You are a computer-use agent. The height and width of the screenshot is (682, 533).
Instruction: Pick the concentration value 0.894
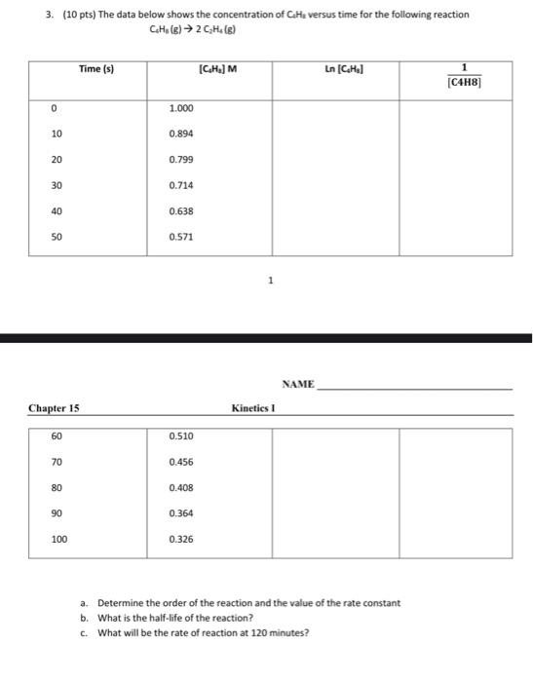click(x=180, y=133)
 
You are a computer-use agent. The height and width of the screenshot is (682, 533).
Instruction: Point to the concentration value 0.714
click(x=180, y=184)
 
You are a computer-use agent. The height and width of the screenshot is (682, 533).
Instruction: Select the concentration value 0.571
click(x=180, y=236)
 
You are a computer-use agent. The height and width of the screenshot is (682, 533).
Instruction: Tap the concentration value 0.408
click(x=180, y=486)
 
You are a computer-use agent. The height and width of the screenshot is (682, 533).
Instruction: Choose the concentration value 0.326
click(x=180, y=538)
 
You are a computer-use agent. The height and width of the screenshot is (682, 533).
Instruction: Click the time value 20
click(x=57, y=159)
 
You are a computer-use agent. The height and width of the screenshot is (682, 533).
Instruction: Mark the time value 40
click(x=57, y=210)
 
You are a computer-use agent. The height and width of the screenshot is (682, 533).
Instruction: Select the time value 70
click(x=57, y=461)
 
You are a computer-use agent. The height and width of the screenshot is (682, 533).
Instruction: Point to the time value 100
click(x=59, y=538)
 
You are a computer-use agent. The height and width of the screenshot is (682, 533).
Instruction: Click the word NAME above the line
click(x=298, y=384)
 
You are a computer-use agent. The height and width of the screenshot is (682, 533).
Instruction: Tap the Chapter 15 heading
click(x=55, y=408)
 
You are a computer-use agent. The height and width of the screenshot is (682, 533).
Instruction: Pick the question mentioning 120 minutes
click(x=202, y=633)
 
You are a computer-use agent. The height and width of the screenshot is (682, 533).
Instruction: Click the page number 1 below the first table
click(x=270, y=282)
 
